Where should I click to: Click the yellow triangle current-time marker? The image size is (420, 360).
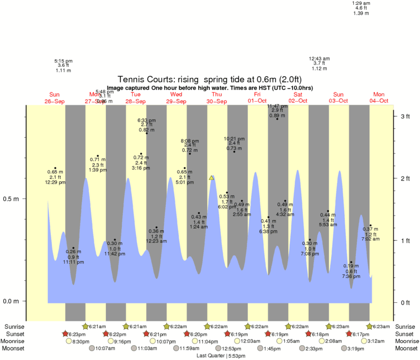tap(211, 178)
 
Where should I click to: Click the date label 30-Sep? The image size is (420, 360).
tap(217, 101)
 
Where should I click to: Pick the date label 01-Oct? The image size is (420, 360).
tap(257, 101)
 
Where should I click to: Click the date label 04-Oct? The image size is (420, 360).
tap(379, 101)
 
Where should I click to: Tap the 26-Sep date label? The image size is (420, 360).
tap(55, 101)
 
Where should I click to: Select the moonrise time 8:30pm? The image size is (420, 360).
tap(81, 341)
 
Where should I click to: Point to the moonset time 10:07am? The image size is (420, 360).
tap(105, 349)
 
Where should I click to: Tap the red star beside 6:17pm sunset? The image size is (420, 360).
tap(349, 334)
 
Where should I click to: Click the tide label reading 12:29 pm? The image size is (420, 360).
tap(55, 183)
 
